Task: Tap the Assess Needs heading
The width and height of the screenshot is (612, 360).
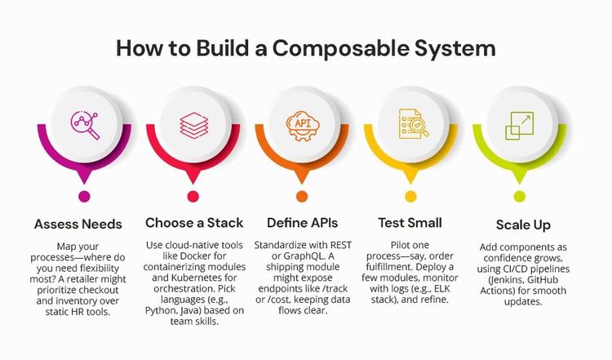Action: [x=79, y=223]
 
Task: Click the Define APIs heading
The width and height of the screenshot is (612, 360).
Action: [x=304, y=223]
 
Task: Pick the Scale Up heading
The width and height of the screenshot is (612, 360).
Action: [x=523, y=224]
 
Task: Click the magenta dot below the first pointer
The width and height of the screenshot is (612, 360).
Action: [x=83, y=196]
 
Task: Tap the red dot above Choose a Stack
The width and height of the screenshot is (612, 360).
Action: [x=193, y=196]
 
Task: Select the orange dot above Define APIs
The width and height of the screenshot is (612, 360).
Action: [x=304, y=196]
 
